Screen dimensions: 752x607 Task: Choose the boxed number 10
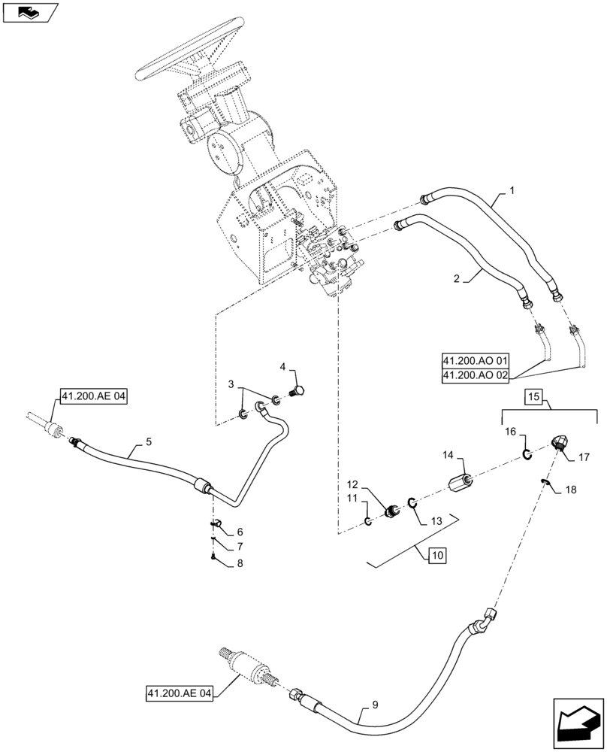tap(437, 556)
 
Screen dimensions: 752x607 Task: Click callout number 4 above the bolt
tap(283, 367)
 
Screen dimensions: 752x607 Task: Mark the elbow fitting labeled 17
tap(560, 443)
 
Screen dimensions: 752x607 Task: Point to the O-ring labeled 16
tap(527, 453)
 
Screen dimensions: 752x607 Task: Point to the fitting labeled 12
tap(391, 512)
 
